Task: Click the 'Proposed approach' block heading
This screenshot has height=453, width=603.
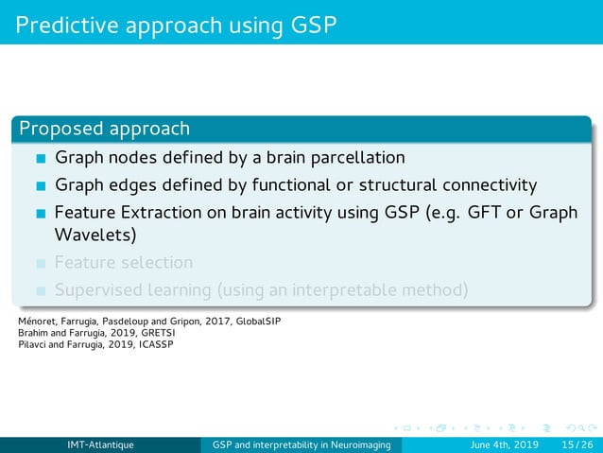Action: click(x=104, y=129)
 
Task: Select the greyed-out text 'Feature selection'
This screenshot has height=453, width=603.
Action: click(x=124, y=262)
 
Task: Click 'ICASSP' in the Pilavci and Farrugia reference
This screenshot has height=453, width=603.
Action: click(x=157, y=343)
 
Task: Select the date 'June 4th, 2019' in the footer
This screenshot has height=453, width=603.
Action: click(x=506, y=444)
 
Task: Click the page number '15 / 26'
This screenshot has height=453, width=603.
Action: click(x=576, y=444)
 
